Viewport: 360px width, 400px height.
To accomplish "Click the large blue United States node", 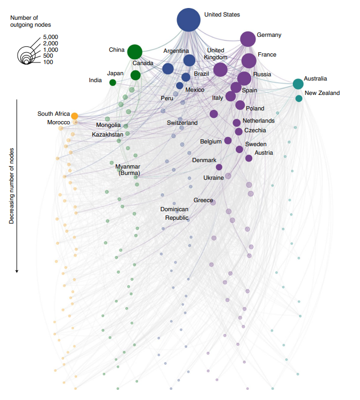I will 188,20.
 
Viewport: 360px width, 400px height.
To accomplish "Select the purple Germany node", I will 247,38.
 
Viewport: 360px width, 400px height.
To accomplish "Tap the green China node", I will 135,52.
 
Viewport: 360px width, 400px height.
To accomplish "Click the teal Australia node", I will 298,84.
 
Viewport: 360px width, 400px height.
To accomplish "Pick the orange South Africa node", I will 75,116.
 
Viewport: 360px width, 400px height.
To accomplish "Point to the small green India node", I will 113,82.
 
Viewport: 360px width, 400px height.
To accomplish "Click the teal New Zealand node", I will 299,98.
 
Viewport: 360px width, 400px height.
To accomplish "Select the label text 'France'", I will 267,55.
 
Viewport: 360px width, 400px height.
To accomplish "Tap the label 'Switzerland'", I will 182,123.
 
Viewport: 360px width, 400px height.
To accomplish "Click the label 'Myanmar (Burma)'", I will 127,170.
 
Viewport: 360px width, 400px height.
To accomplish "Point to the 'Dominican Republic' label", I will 174,213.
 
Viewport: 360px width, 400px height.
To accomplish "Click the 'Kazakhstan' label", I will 107,135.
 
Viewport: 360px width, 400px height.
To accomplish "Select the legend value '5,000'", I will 51,37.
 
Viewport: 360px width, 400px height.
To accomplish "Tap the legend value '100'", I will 48,62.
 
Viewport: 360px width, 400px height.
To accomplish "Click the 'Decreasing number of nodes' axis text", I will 11,184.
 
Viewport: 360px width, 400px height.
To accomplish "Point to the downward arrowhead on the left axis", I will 17,270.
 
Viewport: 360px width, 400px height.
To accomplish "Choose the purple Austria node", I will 249,158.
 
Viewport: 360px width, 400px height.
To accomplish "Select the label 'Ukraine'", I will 213,178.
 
